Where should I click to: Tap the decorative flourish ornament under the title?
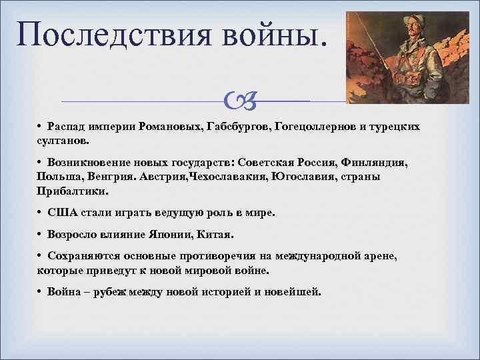pos(236,101)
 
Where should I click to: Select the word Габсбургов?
pos(237,127)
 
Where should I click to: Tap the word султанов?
pos(64,141)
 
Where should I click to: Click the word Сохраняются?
pos(86,257)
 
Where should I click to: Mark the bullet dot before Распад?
pos(41,127)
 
